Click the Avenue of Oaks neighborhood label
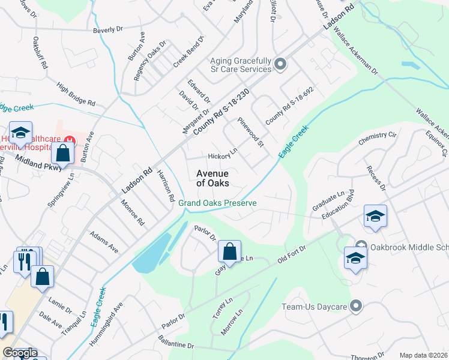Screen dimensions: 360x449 click(x=212, y=178)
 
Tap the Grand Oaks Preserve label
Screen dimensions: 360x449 click(x=217, y=203)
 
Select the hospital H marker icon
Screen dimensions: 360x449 click(x=70, y=140)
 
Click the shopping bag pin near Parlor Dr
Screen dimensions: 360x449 click(x=229, y=252)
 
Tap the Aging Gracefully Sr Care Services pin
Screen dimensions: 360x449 click(x=279, y=64)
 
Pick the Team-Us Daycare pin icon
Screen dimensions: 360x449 click(x=357, y=307)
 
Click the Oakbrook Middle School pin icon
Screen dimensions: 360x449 click(x=361, y=246)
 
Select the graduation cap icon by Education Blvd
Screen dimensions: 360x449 click(x=375, y=217)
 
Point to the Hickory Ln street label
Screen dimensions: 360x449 click(x=223, y=156)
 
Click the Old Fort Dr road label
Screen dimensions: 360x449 click(x=292, y=254)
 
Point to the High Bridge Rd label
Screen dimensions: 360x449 click(x=76, y=94)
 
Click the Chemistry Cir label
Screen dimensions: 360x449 click(x=378, y=139)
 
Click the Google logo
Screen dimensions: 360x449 click(x=20, y=353)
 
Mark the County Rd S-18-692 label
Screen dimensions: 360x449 click(x=290, y=106)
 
